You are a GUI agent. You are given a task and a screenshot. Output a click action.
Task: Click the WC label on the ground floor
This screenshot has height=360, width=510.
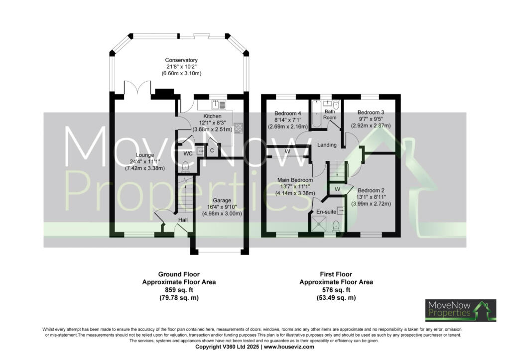pyautogui.click(x=187, y=153)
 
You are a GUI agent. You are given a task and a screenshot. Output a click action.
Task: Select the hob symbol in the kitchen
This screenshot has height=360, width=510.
pyautogui.click(x=238, y=127)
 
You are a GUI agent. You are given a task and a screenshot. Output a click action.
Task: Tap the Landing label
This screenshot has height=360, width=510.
pyautogui.click(x=327, y=145)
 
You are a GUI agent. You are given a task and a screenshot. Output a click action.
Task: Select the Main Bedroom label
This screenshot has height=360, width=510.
pyautogui.click(x=296, y=180)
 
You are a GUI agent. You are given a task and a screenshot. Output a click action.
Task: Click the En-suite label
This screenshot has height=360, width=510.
pyautogui.click(x=326, y=212)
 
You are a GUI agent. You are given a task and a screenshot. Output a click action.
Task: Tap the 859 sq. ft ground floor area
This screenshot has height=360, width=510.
pyautogui.click(x=179, y=290)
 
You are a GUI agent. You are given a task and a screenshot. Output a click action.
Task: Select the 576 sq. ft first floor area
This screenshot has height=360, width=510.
pyautogui.click(x=336, y=290)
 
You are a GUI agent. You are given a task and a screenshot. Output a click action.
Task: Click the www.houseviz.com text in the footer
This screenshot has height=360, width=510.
pyautogui.click(x=289, y=347)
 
